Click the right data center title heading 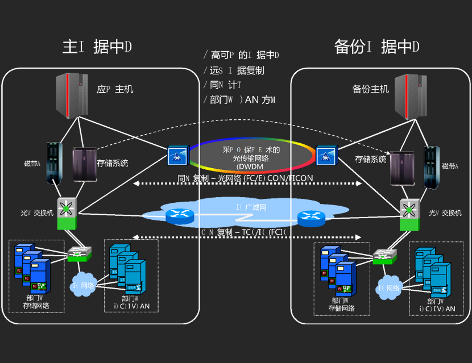[x=377, y=47]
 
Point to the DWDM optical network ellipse [x=252, y=154]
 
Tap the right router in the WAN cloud [x=311, y=216]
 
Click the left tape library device [x=54, y=164]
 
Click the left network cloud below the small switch [x=84, y=285]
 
